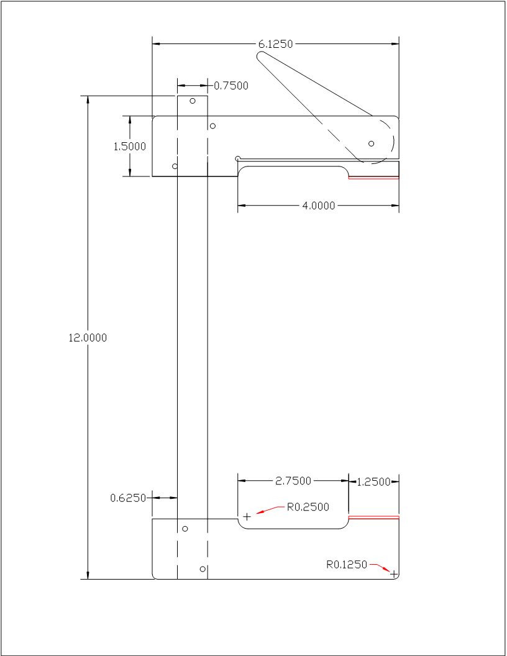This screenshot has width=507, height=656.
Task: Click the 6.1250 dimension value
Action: [x=275, y=44]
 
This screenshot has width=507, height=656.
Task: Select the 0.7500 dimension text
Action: [x=231, y=86]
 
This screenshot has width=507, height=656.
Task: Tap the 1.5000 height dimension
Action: [x=129, y=147]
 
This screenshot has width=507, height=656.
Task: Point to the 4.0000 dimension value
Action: [x=319, y=206]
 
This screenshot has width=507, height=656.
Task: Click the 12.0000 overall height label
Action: [x=88, y=338]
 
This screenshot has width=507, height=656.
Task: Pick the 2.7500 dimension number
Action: [x=293, y=481]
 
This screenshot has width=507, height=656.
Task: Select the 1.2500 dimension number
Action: [x=374, y=481]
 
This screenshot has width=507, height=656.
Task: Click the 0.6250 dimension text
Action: [x=128, y=498]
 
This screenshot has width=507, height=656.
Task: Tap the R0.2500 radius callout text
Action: [x=308, y=507]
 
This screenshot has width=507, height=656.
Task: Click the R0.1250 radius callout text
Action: [x=347, y=565]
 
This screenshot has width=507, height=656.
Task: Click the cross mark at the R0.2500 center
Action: [x=247, y=516]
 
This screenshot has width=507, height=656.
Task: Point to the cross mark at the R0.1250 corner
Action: [x=393, y=574]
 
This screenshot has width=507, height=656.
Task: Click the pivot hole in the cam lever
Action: [x=372, y=143]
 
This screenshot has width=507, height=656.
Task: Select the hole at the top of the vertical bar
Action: [x=193, y=101]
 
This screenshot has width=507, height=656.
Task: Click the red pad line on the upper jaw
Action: [x=373, y=178]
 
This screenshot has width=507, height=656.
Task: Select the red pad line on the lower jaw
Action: [x=373, y=517]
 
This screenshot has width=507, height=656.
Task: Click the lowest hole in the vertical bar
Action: [x=203, y=568]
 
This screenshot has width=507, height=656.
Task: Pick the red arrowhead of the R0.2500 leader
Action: [x=260, y=512]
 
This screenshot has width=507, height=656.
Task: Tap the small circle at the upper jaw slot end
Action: [x=238, y=158]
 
